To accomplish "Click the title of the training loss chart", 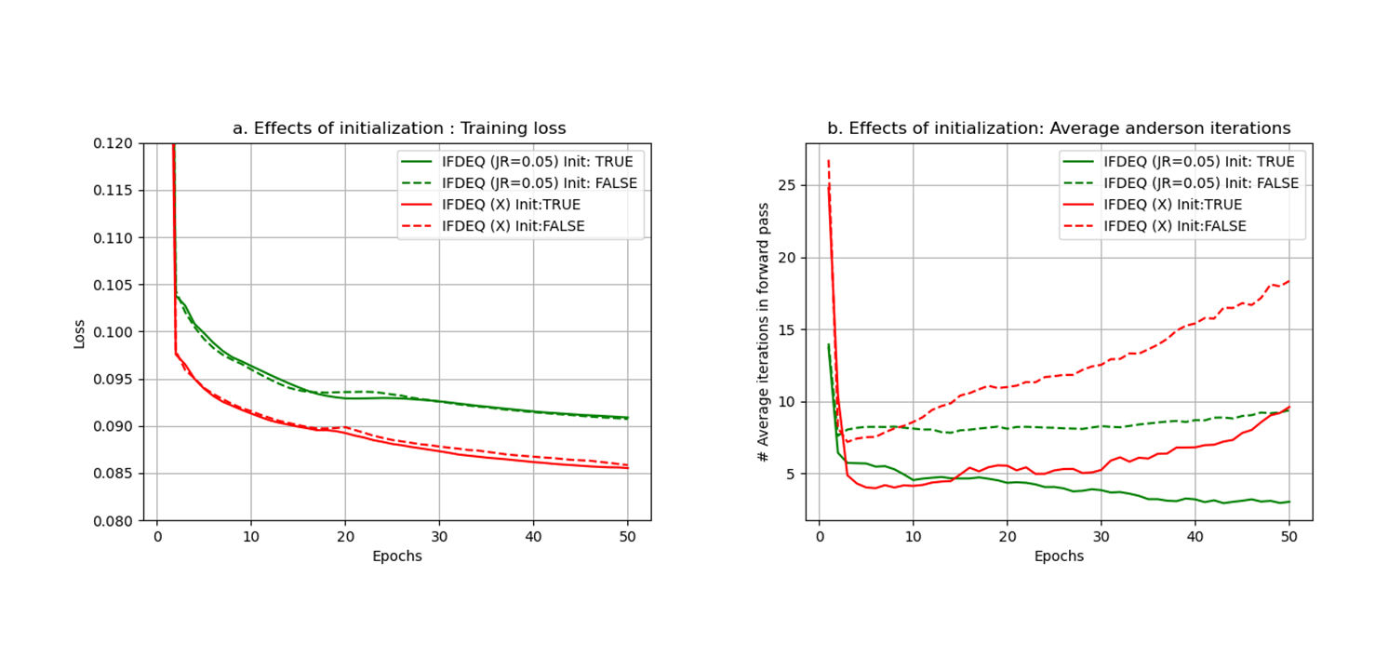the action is (399, 128).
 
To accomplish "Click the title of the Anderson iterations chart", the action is (1059, 128).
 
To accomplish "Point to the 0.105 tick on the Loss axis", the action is (113, 285).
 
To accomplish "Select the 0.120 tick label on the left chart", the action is (113, 143).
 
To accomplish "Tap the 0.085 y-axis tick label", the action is (113, 474).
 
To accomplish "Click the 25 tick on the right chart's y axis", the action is (786, 185).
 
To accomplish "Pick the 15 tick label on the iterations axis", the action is (786, 329).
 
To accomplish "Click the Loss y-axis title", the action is (79, 334).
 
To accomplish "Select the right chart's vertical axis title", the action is (763, 332).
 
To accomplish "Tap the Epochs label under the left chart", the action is (397, 556).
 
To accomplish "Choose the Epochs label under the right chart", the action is (1059, 556).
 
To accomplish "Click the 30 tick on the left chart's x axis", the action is (439, 537).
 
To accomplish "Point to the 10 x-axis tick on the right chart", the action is (913, 537).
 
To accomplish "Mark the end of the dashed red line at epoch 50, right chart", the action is (1289, 281).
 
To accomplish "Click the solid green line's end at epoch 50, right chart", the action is (1289, 502).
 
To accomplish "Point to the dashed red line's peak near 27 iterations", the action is (829, 161).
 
